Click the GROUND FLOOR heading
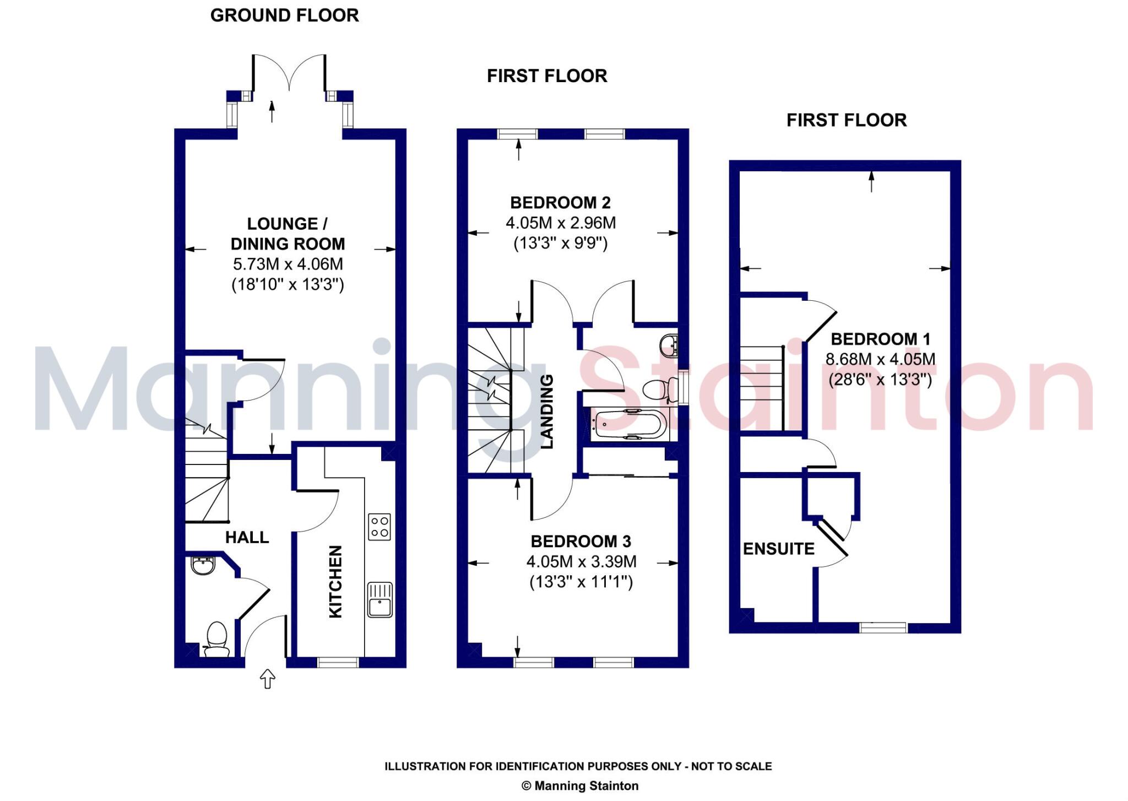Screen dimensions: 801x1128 coord(284,15)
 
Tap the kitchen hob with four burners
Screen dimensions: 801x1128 coord(379,526)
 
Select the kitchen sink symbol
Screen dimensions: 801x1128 coord(379,600)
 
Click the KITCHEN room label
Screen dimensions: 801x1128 coord(335,581)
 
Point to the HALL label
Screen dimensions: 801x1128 coord(247,537)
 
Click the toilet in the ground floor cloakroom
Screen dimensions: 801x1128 coord(216,640)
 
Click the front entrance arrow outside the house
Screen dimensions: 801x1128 coord(267,679)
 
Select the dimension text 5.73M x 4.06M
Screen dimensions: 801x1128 coord(288,264)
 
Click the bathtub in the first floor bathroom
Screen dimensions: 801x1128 coord(628,425)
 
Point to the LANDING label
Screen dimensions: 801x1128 coord(546,411)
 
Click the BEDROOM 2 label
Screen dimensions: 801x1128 coord(560,203)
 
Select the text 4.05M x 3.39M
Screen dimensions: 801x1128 coord(581,561)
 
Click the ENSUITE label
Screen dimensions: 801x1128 coord(778,549)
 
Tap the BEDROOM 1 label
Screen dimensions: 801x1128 coord(880,339)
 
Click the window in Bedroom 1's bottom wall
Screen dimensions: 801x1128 coord(883,627)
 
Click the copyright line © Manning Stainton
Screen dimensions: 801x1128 coord(580,786)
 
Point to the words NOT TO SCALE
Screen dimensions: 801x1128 coord(731,766)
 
